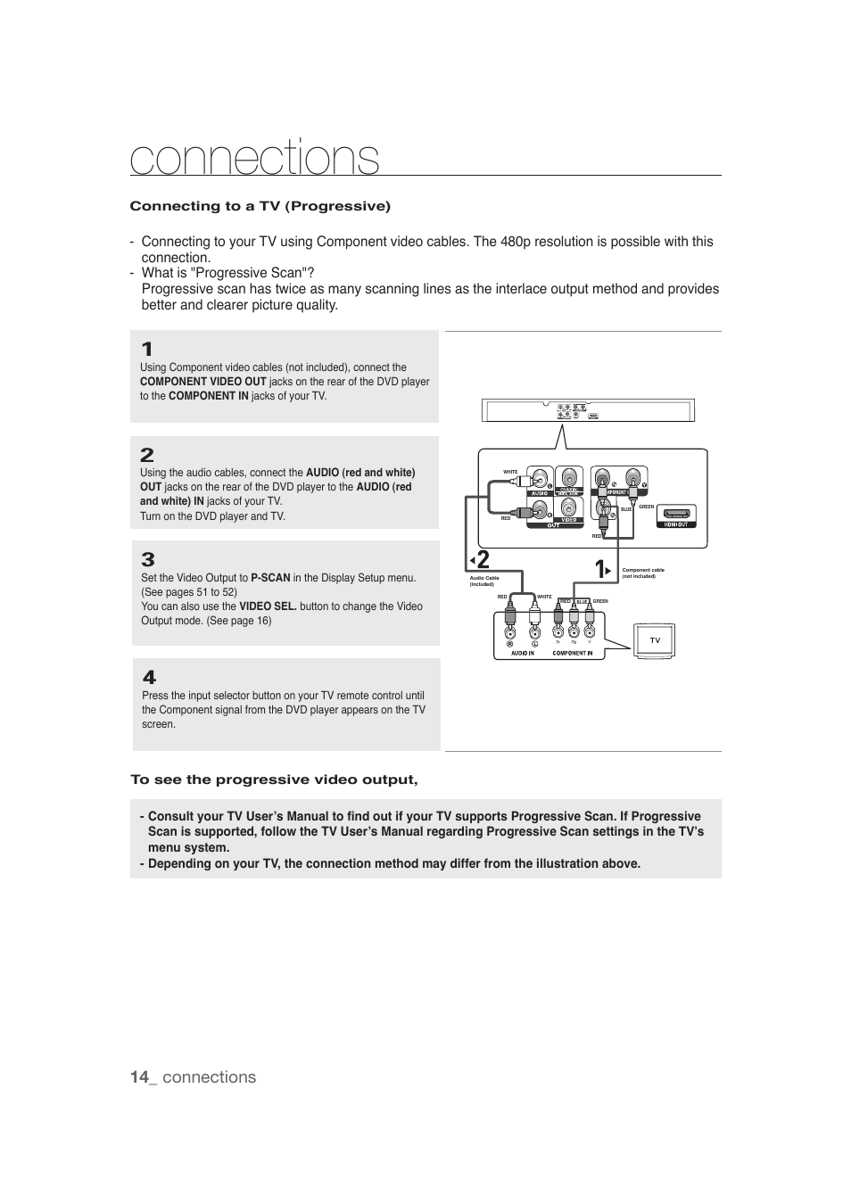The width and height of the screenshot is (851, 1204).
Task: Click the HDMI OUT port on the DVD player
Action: (675, 515)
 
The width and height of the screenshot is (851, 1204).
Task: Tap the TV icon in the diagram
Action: (655, 640)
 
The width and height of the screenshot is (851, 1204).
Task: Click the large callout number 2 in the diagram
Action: (482, 560)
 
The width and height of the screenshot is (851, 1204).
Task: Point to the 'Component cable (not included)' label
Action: (643, 573)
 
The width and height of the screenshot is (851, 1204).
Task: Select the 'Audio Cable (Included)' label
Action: (484, 581)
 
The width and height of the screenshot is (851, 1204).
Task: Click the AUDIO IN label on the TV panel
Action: (522, 653)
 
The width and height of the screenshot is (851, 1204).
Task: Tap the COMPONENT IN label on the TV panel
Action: (572, 653)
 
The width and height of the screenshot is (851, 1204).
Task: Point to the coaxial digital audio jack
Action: (568, 477)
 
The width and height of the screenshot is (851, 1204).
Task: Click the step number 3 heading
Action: (148, 560)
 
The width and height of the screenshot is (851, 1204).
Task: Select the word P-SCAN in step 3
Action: (270, 578)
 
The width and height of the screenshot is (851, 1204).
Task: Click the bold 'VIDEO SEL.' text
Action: (268, 606)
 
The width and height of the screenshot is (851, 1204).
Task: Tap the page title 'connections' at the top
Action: (254, 159)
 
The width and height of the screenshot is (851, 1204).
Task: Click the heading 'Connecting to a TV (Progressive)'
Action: (260, 206)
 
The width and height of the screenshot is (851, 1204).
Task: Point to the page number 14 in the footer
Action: (138, 1076)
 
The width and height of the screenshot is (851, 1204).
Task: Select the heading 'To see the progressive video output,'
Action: (274, 779)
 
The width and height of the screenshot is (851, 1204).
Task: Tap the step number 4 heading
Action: (149, 678)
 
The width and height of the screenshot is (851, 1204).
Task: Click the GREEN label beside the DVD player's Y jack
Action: (646, 507)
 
